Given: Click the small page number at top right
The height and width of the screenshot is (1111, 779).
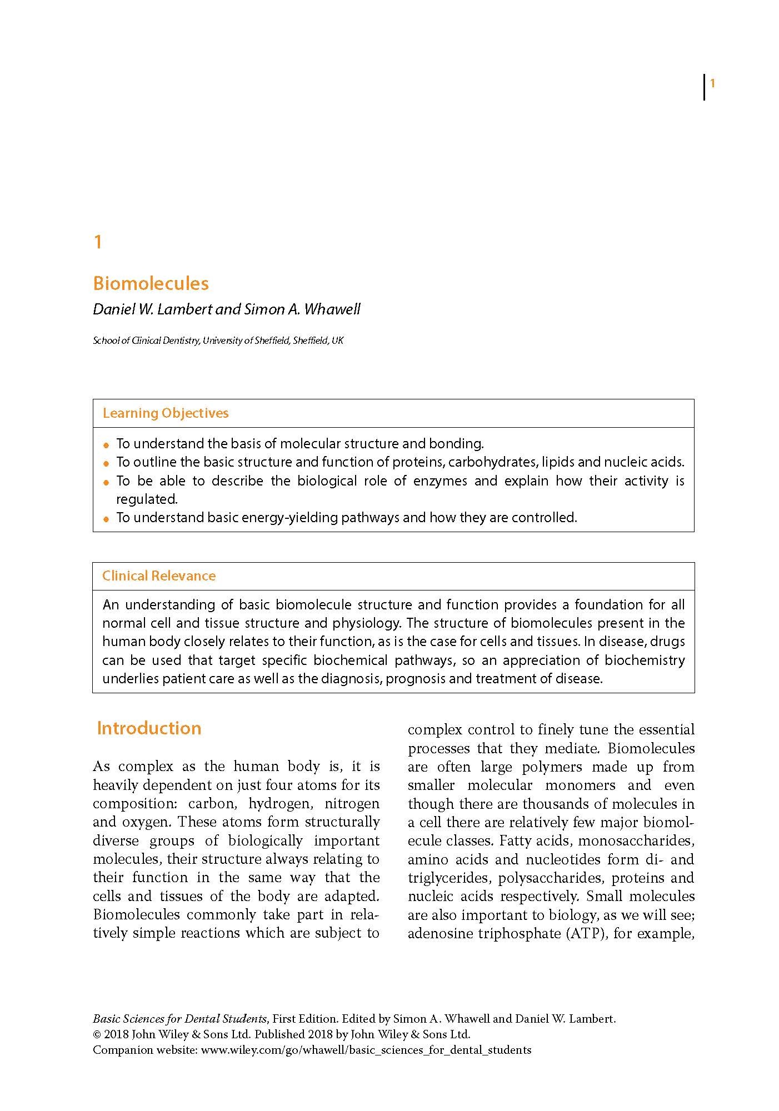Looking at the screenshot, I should coord(712,84).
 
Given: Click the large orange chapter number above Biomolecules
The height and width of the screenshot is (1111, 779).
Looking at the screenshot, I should coord(98,242).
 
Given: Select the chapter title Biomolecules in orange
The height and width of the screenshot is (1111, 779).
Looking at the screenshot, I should coord(151,283).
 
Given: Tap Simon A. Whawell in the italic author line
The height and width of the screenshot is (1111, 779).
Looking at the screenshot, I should coord(302,309).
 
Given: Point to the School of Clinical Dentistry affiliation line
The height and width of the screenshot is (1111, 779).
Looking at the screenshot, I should coord(218,341).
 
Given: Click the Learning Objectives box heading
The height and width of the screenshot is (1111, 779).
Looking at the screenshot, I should coord(165,413).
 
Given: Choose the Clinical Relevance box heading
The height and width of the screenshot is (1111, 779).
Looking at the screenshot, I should coord(158,576).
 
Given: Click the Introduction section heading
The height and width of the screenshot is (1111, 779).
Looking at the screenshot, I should coord(149,728).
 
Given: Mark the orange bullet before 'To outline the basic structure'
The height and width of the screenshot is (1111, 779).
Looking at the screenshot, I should coord(107,463).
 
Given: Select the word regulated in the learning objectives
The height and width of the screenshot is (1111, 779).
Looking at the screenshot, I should coord(146,499).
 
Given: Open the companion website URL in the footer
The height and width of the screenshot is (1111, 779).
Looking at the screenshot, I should coord(366,1050).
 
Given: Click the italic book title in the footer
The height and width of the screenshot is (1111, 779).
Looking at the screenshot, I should coord(179,1019).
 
